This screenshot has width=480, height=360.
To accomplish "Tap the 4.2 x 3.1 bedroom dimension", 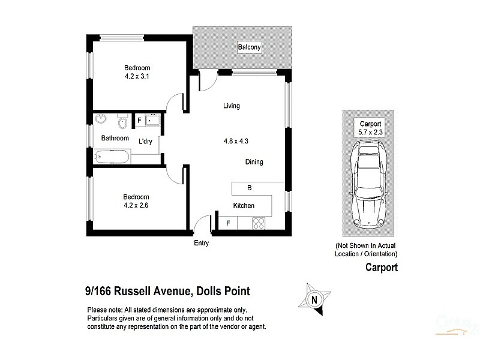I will point(137,77).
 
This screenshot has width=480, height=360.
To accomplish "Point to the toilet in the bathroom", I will point(123,122).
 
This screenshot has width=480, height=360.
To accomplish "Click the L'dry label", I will point(145,142).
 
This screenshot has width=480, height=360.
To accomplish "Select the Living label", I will point(231,106).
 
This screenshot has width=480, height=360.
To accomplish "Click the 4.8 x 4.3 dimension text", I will point(235,142).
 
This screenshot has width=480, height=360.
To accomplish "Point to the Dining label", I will point(254,162).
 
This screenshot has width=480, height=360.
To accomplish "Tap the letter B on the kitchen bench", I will point(250,188).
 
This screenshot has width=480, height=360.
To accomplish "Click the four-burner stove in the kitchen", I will point(260,224).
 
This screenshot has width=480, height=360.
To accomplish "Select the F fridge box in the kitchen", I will point(227,224).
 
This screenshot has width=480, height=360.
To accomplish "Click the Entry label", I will point(201,243).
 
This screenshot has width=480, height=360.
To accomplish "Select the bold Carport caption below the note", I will point(382,268).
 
